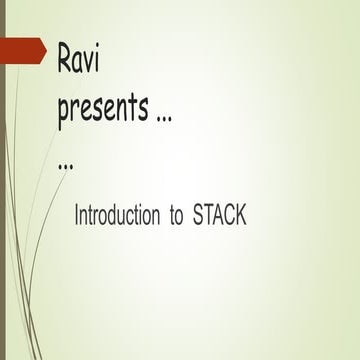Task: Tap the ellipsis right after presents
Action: pyautogui.click(x=160, y=117)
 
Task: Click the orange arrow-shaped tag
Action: pyautogui.click(x=22, y=49)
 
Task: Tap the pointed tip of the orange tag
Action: pyautogui.click(x=45, y=49)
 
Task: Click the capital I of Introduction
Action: pyautogui.click(x=77, y=215)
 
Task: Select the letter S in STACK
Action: pyautogui.click(x=198, y=215)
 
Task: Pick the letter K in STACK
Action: pyautogui.click(x=241, y=215)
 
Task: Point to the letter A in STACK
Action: pyautogui.click(x=218, y=215)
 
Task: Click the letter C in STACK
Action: pyautogui.click(x=229, y=215)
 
